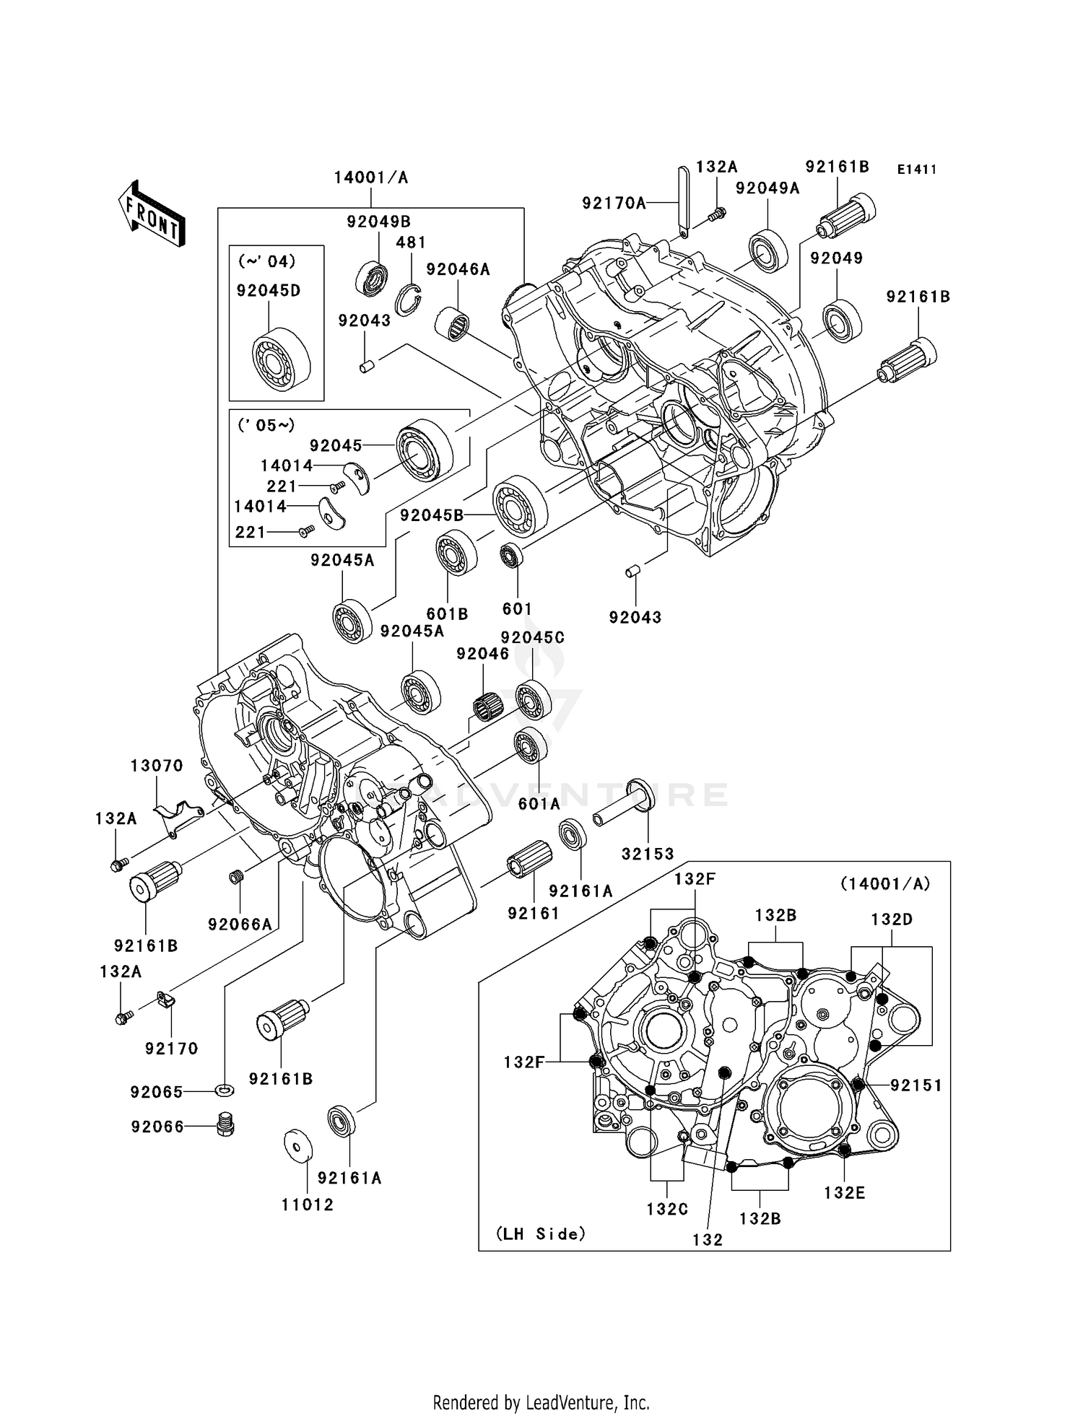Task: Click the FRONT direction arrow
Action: pos(152,214)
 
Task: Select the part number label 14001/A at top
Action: pos(370,178)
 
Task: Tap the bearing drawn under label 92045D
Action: pos(280,360)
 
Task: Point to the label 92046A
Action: pos(458,269)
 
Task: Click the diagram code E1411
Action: pos(916,170)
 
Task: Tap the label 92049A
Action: pos(767,188)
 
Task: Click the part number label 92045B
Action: pos(432,515)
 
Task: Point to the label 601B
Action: pos(447,614)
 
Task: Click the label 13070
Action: pos(157,765)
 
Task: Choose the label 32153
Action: pos(648,854)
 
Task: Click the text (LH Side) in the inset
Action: pos(541,1234)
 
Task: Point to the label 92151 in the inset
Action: pos(915,1085)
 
